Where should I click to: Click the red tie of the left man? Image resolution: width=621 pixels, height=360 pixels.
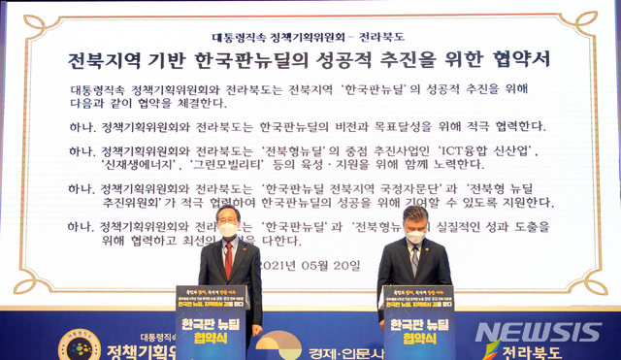pos(228,259)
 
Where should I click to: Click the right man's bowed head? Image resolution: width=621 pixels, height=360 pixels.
pos(413,231)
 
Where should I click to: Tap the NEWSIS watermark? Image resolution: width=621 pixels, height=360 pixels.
pos(538,332)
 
